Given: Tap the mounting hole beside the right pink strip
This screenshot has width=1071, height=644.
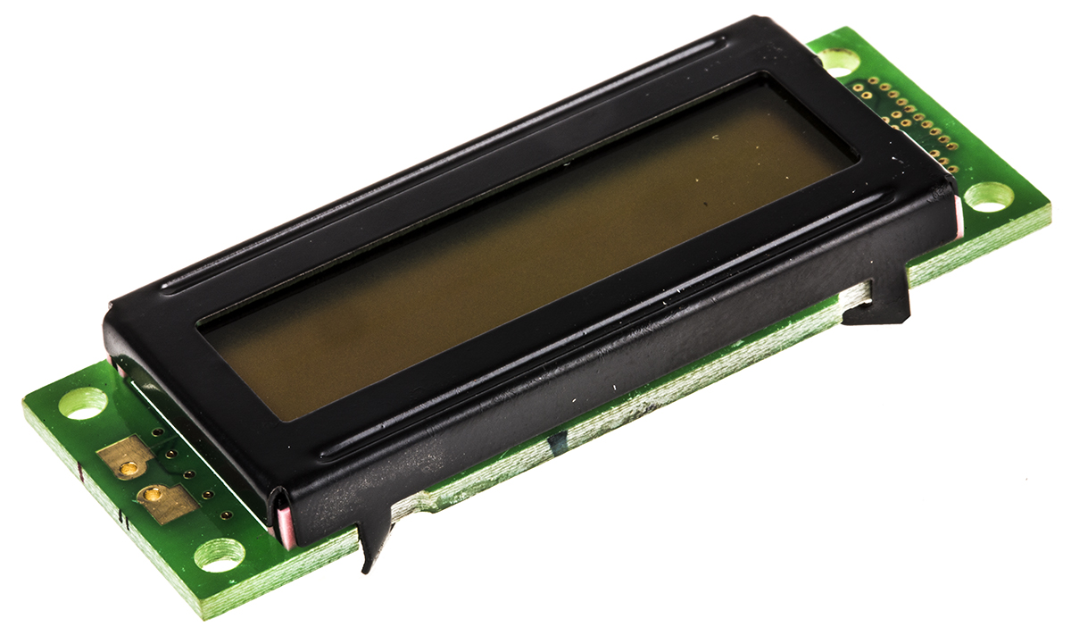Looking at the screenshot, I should click(989, 197).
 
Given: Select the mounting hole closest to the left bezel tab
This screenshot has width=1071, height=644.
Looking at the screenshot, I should click(219, 555).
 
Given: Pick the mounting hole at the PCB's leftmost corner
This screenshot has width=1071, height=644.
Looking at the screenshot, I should click(83, 403).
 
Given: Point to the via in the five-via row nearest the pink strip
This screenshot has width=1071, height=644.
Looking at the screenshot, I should click(226, 515).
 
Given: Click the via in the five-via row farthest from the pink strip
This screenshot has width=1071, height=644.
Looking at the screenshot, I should click(156, 432).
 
